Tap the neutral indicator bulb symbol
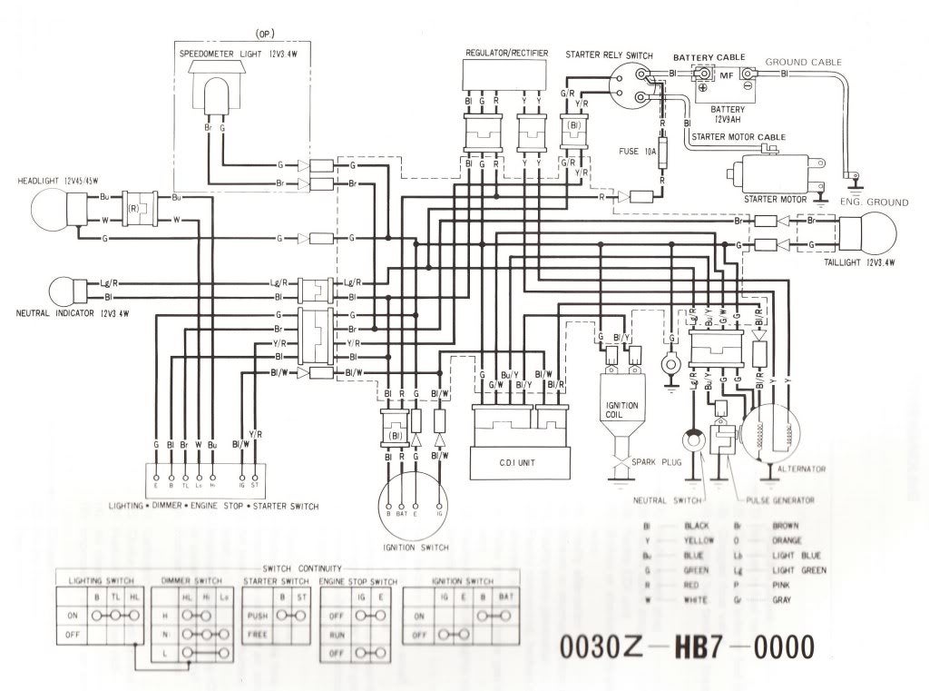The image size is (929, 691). (x=64, y=290)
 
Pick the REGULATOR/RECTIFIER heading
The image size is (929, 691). (x=506, y=54)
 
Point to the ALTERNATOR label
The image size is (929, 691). (x=801, y=468)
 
